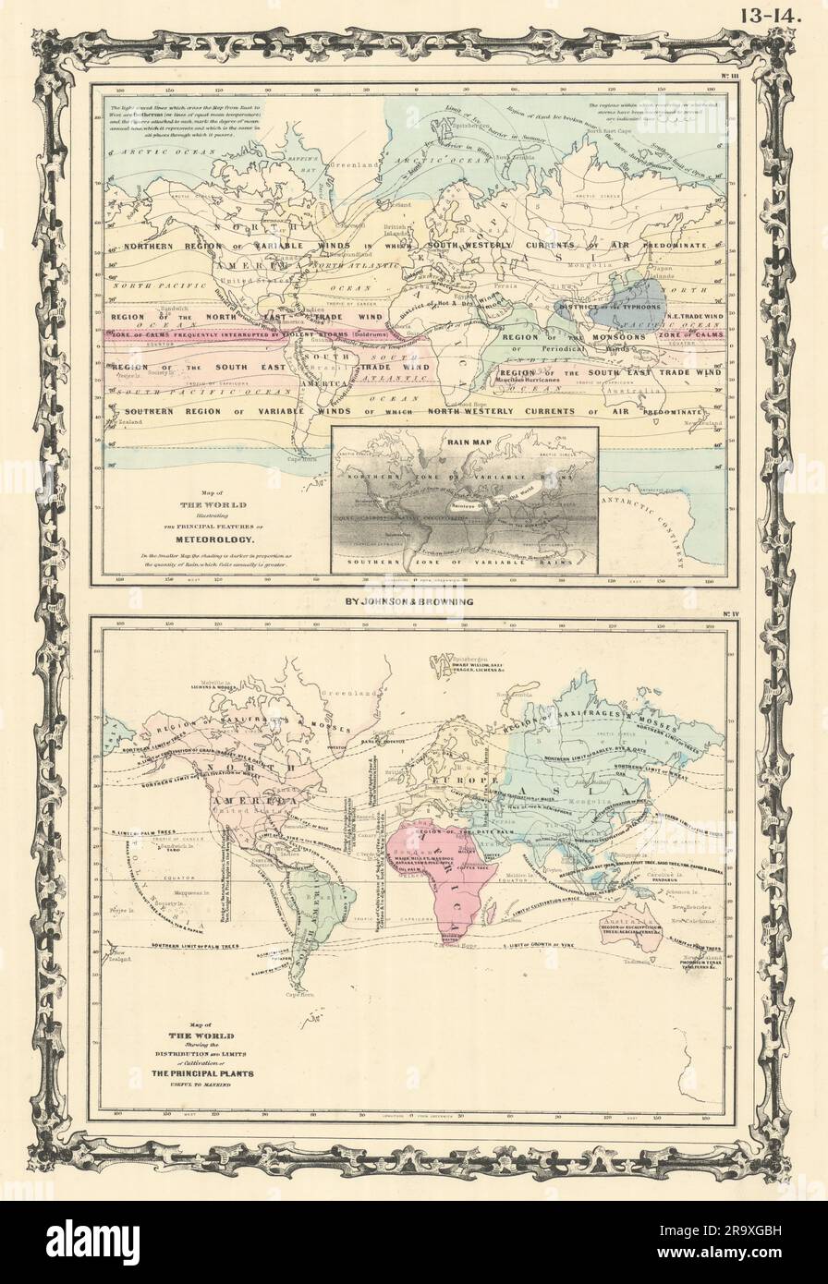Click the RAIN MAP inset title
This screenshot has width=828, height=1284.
[x=465, y=440]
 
